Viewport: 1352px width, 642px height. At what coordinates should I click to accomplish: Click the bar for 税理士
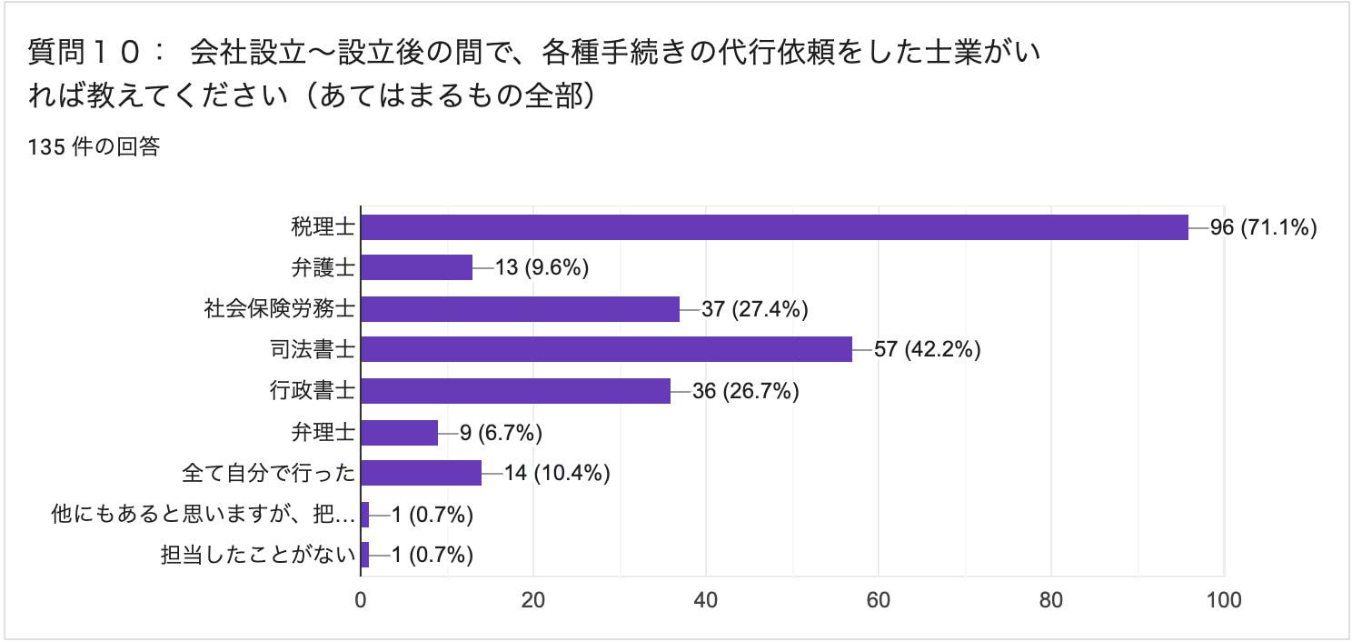click(x=774, y=227)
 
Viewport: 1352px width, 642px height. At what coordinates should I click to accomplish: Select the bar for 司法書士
click(x=606, y=349)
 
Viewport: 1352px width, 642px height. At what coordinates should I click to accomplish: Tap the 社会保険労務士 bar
click(x=520, y=309)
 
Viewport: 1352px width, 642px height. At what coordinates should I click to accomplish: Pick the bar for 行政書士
click(x=515, y=391)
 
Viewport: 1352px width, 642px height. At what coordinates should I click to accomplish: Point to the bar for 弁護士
click(x=416, y=267)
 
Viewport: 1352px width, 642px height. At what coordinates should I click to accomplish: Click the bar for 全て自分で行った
click(x=421, y=473)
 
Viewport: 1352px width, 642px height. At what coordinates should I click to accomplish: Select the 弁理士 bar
click(x=399, y=432)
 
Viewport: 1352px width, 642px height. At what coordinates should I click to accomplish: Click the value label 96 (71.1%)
click(x=1263, y=227)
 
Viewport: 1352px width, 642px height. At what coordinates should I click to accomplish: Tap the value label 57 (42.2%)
click(x=927, y=349)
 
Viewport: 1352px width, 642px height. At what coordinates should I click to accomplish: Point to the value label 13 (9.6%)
click(x=543, y=267)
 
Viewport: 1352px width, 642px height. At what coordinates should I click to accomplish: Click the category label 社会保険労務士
click(x=279, y=309)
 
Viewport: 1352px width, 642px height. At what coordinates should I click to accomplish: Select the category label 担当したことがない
click(x=257, y=555)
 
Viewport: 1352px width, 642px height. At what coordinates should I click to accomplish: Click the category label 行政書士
click(x=312, y=391)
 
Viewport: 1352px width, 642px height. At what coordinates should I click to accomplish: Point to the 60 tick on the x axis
click(x=879, y=600)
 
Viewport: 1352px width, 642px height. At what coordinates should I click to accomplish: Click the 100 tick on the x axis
click(x=1224, y=600)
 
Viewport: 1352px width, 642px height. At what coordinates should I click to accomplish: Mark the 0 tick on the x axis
click(x=361, y=600)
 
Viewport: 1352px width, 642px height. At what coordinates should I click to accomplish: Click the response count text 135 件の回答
click(x=94, y=147)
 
